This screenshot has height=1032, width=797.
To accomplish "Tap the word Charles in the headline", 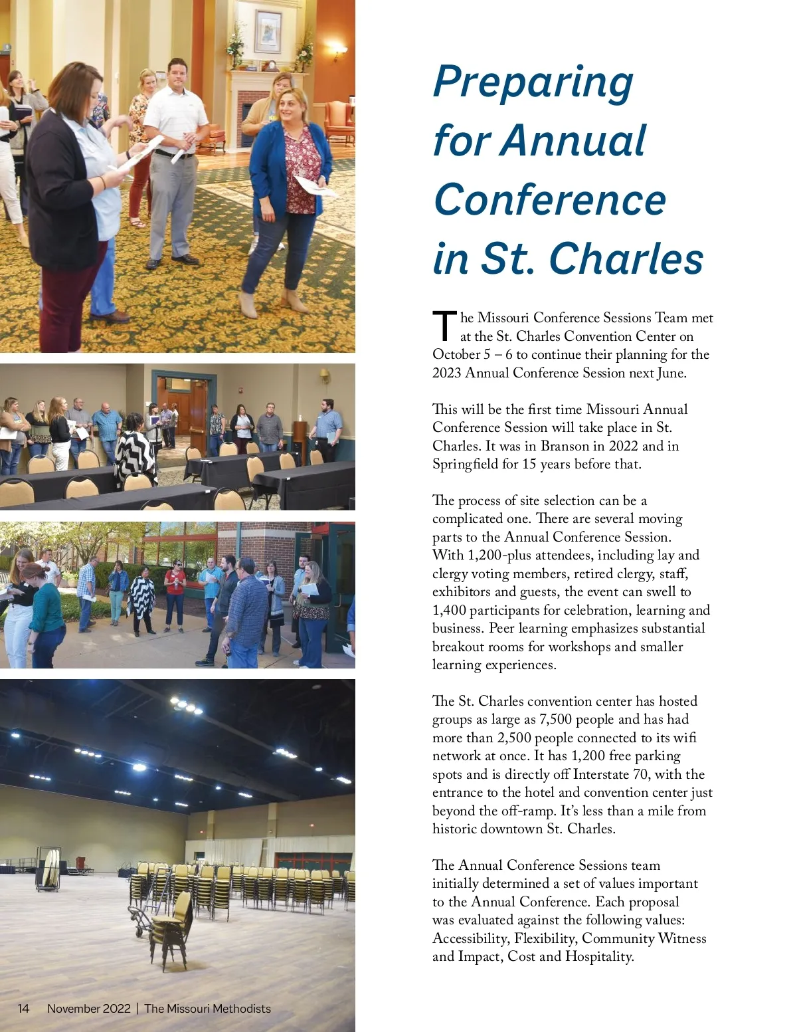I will tap(626, 258).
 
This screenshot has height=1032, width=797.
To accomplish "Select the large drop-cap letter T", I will tap(444, 326).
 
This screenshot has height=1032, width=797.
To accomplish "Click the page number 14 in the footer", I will tap(23, 1009).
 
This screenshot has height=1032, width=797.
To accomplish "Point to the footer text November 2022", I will tap(89, 1009).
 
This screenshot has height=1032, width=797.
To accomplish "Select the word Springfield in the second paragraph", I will tap(465, 464).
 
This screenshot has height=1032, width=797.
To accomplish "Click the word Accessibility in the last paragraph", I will tap(470, 938).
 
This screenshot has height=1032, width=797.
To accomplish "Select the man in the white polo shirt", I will tap(174, 159).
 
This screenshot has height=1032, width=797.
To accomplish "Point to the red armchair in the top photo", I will tap(339, 122).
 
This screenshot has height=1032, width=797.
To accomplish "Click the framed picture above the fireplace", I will tap(268, 32).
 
